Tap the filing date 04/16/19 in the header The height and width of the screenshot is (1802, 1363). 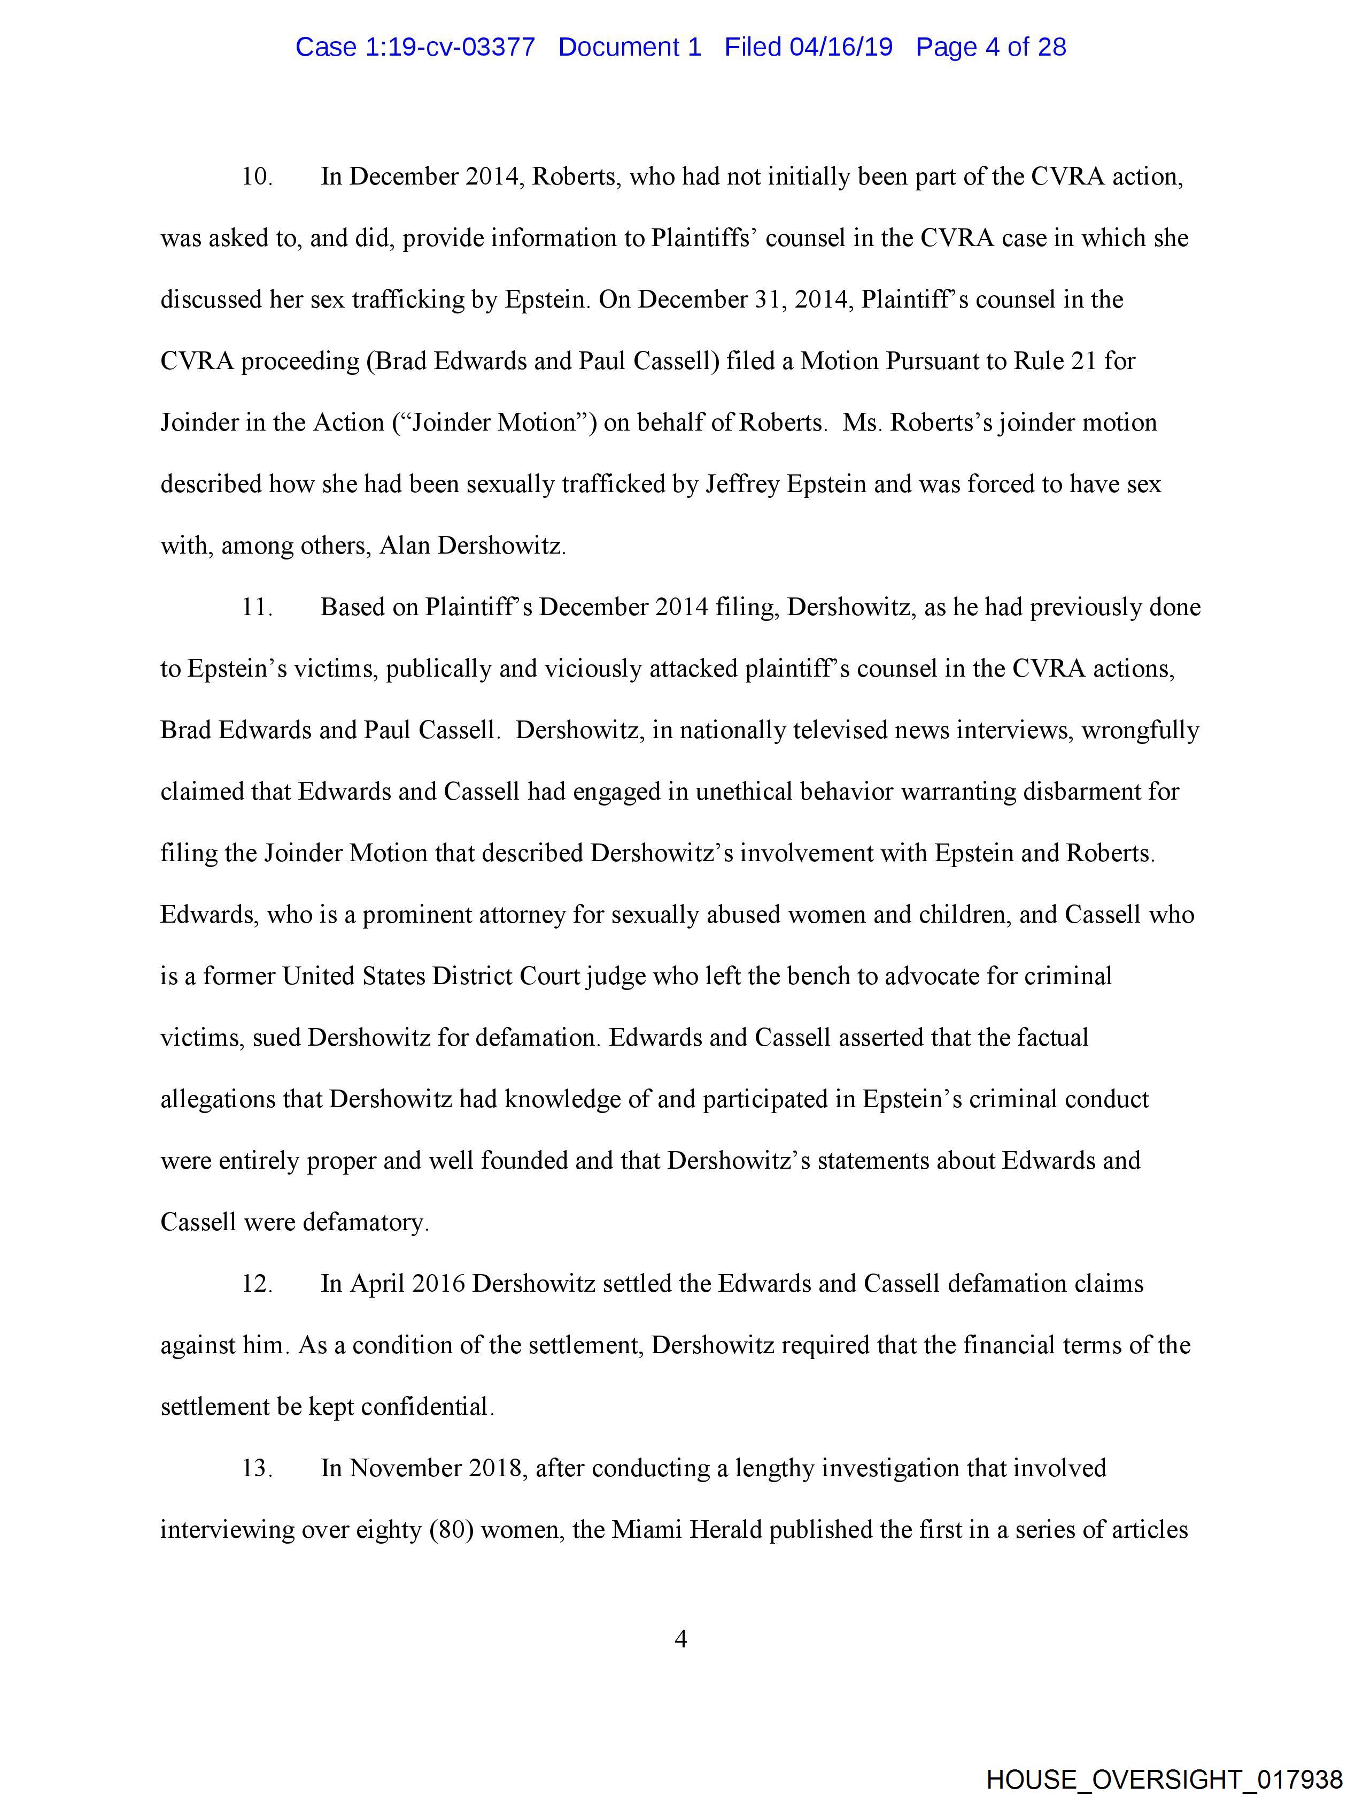[841, 47]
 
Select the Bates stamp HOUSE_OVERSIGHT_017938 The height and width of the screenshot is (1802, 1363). [1164, 1779]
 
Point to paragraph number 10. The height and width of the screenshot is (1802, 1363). [257, 177]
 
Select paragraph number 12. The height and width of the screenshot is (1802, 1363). [257, 1283]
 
